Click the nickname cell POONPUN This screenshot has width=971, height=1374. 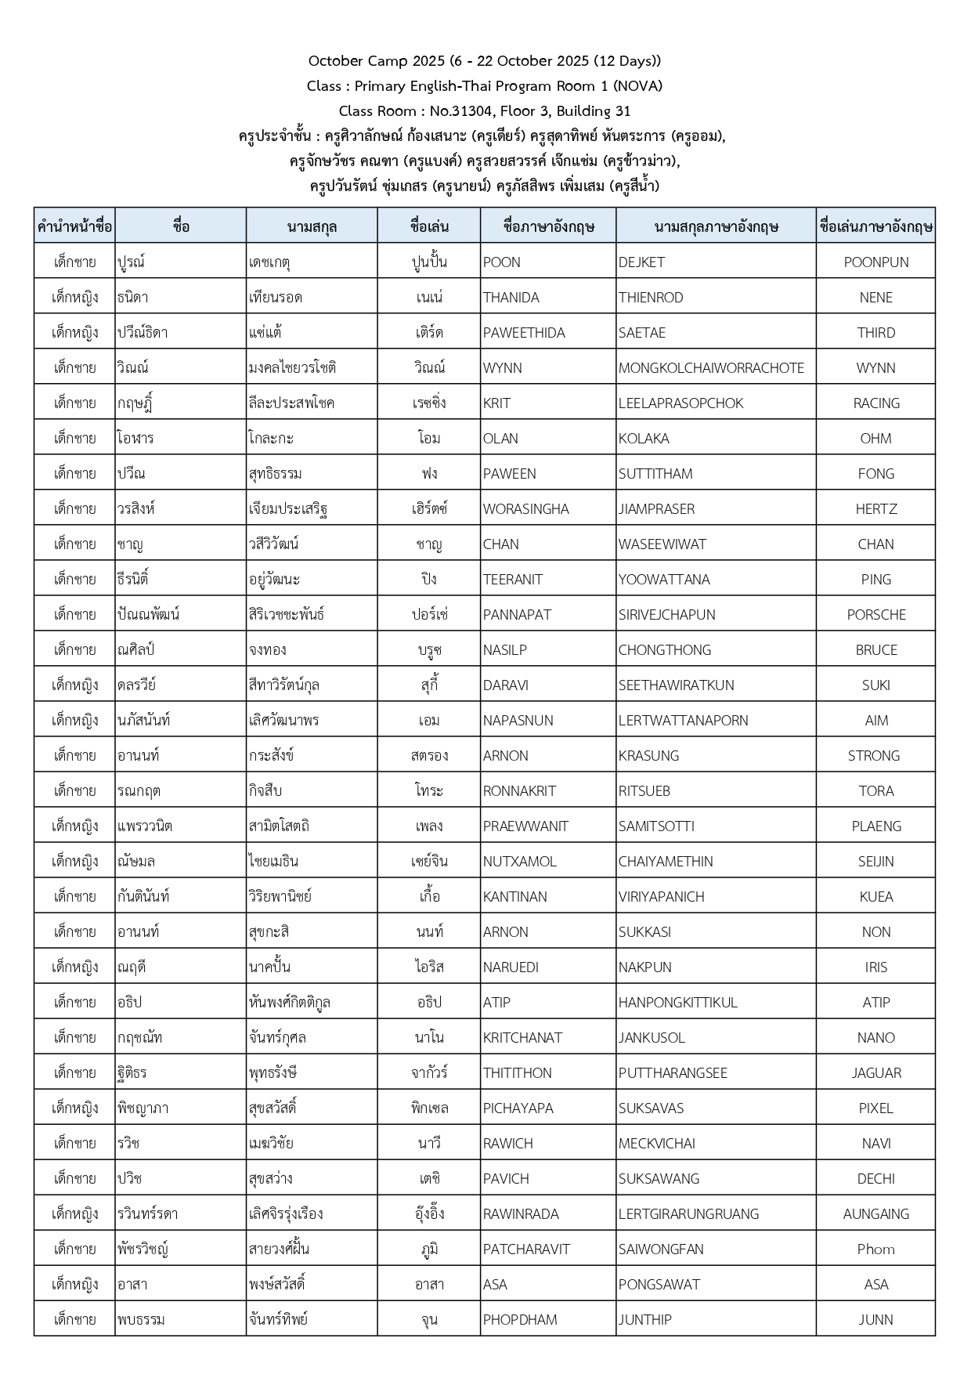(x=875, y=262)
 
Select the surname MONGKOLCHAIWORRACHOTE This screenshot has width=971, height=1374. (x=711, y=368)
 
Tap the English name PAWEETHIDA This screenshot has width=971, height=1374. (x=524, y=333)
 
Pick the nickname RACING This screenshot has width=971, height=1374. (x=875, y=403)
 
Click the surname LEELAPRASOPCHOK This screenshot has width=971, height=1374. (x=680, y=403)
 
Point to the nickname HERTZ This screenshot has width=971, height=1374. (x=875, y=509)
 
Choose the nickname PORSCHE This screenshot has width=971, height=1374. (x=875, y=615)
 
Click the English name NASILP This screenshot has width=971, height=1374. (x=505, y=650)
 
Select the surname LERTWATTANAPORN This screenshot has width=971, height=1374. (x=683, y=721)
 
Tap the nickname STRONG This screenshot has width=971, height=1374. (x=873, y=756)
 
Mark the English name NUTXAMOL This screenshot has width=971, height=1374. (x=519, y=862)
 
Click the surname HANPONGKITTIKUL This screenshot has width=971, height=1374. (x=677, y=1003)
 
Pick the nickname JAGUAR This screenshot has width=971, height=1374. (x=875, y=1073)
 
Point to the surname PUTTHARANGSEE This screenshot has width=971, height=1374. (x=673, y=1073)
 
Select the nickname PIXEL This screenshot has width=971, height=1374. (x=875, y=1108)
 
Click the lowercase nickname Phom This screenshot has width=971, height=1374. (x=875, y=1249)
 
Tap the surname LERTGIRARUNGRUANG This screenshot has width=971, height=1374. (x=688, y=1214)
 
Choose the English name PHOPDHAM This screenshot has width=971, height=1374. (x=520, y=1320)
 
